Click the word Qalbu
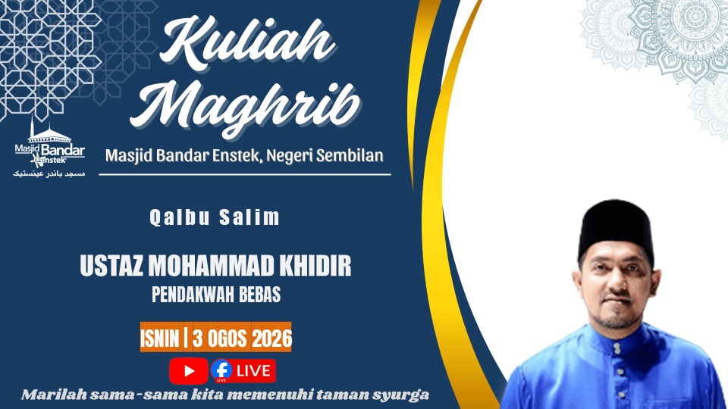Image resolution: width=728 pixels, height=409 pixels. pos(180,217)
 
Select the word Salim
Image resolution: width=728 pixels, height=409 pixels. pos(249,217)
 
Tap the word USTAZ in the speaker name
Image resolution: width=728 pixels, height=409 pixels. pos(111,266)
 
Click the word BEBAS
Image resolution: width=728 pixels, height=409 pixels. pos(260,295)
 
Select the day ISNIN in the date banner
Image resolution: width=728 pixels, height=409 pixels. pos(160,339)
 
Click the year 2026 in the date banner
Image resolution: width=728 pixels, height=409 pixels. pos(272,339)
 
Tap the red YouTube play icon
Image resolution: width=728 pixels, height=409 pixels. pos(189,371)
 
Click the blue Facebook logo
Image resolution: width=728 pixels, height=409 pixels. pos(221,370)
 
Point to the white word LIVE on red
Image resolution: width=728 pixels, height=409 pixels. pos(253,371)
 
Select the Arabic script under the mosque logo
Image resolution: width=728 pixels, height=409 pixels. pos(49,174)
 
